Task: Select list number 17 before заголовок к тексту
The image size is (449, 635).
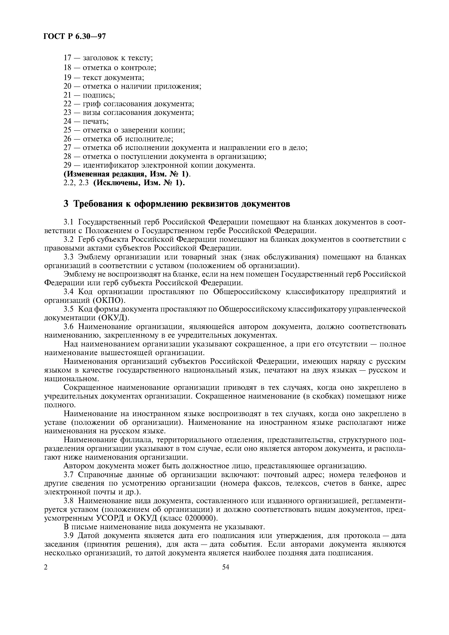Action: click(x=68, y=58)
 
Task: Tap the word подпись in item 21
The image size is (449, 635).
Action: click(x=99, y=95)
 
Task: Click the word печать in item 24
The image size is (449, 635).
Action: click(x=96, y=121)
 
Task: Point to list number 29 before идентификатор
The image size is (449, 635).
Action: click(x=68, y=165)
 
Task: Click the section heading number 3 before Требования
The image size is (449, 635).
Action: click(x=66, y=204)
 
